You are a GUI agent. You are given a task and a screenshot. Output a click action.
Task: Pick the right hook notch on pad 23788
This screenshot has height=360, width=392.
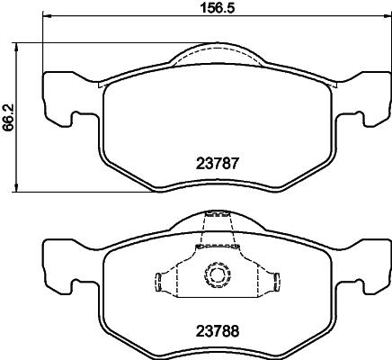point(359,286)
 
